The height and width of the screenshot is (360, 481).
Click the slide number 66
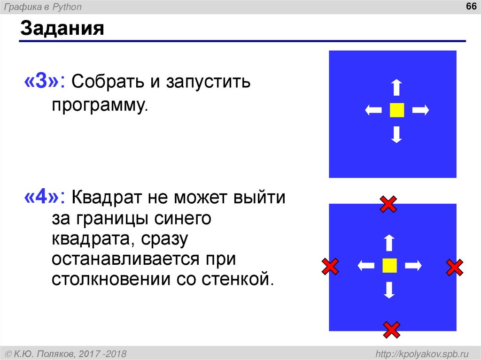470,7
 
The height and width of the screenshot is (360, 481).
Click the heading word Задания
62,29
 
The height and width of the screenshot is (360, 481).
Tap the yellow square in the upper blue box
397,110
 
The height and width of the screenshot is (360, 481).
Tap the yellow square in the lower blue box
389,266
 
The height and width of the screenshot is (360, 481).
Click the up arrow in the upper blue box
397,88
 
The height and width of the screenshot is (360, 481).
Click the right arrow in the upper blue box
421,110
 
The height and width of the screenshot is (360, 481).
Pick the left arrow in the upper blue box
373,110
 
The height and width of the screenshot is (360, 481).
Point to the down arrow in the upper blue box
397,134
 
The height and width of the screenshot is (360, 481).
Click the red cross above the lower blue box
388,204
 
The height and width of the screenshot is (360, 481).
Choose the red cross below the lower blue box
391,329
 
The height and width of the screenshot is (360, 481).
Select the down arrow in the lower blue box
388,290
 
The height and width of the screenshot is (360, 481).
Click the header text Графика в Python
47,7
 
